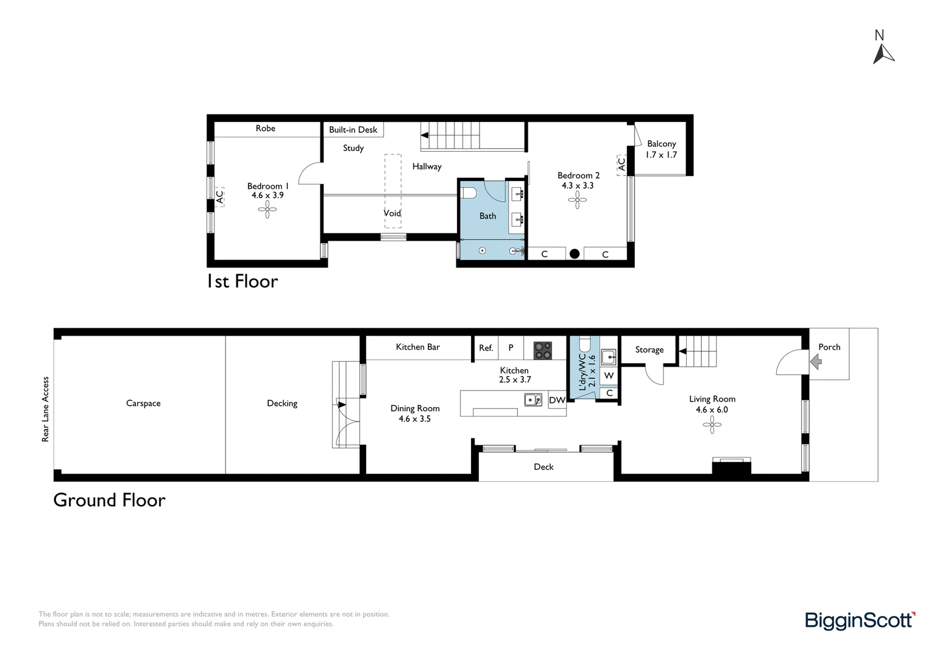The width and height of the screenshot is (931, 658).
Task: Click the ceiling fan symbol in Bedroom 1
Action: click(267, 210)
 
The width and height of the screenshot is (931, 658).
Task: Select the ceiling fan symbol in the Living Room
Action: click(712, 425)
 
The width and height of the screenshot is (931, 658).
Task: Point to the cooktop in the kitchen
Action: click(542, 350)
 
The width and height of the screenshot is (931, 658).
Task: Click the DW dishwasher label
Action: click(557, 400)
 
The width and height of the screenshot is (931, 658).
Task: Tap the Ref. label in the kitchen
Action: click(486, 348)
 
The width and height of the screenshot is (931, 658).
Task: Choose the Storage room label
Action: click(650, 350)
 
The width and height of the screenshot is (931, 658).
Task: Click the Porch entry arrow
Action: click(816, 362)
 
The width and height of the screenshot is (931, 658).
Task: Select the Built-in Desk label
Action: click(353, 130)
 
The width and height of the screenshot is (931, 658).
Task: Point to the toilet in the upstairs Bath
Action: click(469, 193)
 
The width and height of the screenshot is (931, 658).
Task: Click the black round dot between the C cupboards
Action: click(575, 253)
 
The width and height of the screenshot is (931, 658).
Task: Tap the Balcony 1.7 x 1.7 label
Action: click(661, 149)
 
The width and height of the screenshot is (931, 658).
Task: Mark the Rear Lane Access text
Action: click(45, 409)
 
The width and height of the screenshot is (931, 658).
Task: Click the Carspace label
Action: click(143, 403)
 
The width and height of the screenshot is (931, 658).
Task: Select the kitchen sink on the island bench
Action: click(533, 400)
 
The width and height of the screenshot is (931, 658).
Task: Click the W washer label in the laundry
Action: click(609, 376)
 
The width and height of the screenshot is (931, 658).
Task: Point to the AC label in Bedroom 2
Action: click(621, 164)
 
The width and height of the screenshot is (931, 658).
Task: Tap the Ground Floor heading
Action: click(109, 500)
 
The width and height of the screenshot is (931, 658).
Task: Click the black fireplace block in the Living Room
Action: click(732, 468)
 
